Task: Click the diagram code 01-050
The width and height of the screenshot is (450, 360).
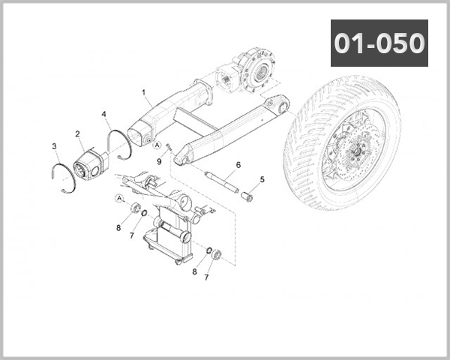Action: (x=379, y=43)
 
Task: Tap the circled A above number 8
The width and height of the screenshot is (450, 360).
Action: (x=119, y=198)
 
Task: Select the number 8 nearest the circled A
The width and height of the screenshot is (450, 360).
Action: (x=118, y=226)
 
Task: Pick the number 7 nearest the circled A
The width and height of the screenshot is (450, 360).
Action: (x=131, y=235)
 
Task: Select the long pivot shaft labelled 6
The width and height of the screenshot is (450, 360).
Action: (x=221, y=184)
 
